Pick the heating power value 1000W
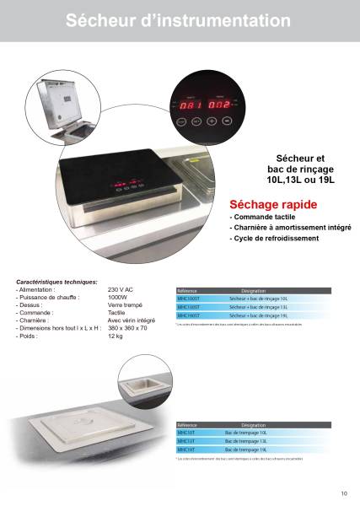pyautogui.click(x=119, y=297)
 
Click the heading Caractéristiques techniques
pyautogui.click(x=57, y=282)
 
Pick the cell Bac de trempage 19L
pyautogui.click(x=246, y=449)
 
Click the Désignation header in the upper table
pyautogui.click(x=254, y=290)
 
